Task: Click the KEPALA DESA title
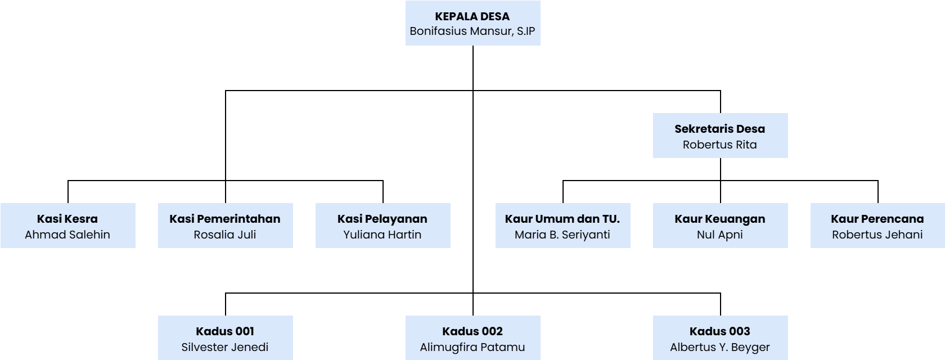[x=472, y=16]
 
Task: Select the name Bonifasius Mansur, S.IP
[x=472, y=31]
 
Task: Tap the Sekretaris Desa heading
[x=720, y=129]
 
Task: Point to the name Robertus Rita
[x=720, y=145]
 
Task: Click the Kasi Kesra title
[x=67, y=219]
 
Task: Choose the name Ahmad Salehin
[x=67, y=235]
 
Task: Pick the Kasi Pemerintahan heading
[x=225, y=219]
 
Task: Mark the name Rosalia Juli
[x=225, y=235]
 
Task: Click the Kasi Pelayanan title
[x=382, y=219]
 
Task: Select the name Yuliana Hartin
[x=382, y=235]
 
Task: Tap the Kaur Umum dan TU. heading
[x=562, y=219]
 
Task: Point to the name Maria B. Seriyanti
[x=562, y=235]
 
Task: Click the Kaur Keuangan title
[x=720, y=219]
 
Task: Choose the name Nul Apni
[x=720, y=235]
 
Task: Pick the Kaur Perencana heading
[x=877, y=219]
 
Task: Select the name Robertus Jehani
[x=877, y=235]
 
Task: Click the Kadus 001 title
[x=225, y=331]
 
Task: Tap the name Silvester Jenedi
[x=225, y=347]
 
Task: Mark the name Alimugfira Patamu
[x=472, y=347]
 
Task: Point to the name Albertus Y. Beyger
[x=720, y=347]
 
